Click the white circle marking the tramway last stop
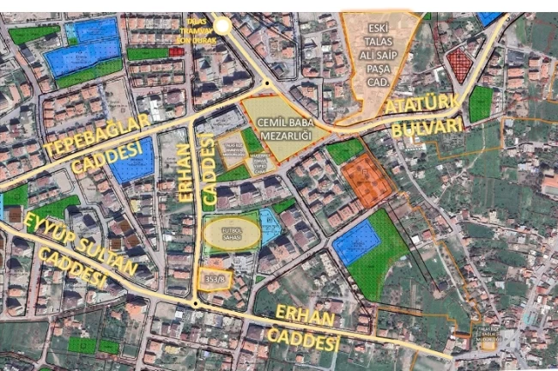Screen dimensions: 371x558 (222, 26)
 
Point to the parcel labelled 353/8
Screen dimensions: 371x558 (215, 278)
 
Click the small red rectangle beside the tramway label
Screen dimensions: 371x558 (177, 52)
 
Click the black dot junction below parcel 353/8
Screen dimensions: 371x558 (196, 303)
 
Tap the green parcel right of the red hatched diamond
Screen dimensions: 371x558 (481, 103)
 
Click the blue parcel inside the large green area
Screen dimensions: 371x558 (355, 243)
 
